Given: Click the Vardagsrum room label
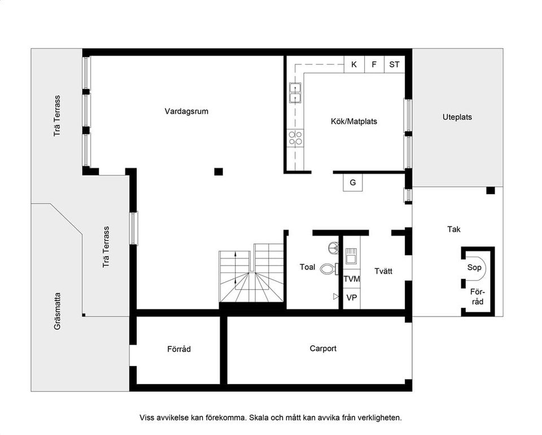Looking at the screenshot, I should [186, 111].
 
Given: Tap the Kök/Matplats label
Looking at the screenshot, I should [354, 121].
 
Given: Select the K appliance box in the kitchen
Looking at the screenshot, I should [354, 64].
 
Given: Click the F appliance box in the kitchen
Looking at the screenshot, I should [374, 64].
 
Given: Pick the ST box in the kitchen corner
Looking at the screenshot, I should [394, 64].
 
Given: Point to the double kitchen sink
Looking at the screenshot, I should [295, 93].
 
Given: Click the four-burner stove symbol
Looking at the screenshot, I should [295, 138].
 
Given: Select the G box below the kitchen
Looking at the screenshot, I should [353, 183].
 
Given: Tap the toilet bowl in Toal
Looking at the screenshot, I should [327, 269].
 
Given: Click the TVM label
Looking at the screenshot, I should [352, 279].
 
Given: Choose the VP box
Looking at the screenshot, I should [352, 298].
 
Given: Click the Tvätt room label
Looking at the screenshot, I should [383, 271].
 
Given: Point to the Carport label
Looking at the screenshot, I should [323, 349].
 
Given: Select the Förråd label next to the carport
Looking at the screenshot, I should [179, 349].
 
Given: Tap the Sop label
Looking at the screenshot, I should [474, 267].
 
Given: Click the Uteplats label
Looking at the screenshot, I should [457, 117].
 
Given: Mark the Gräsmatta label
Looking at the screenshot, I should [58, 311].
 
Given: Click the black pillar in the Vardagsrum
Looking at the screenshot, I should [218, 172].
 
